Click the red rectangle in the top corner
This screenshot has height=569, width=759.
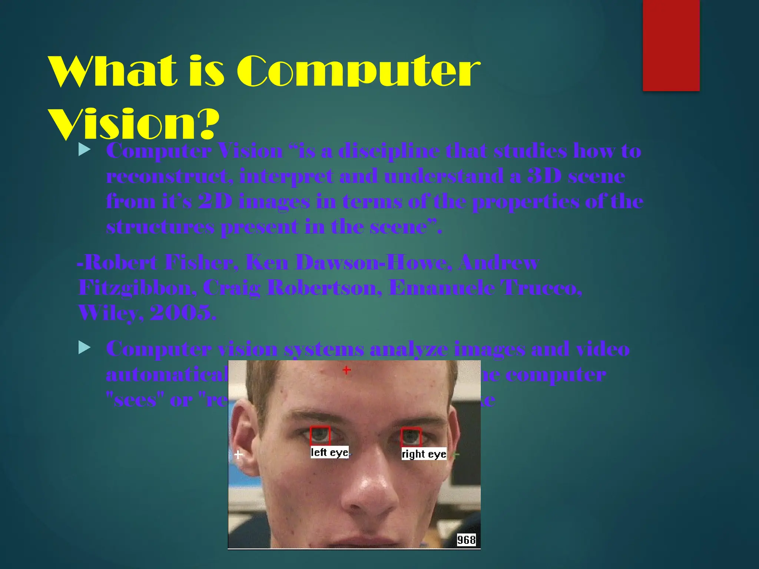point(671,45)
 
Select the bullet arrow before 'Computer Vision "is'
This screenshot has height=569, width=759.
point(85,150)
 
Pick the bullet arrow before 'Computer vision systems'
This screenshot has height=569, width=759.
point(85,347)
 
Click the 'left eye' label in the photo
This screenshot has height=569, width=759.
point(329,452)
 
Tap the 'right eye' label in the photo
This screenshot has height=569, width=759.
point(424,454)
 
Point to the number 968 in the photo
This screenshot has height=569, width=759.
point(466,540)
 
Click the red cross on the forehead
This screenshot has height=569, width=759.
point(347,370)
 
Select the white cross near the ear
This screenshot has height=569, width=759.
point(238,454)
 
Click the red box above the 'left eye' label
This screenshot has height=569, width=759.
point(320,436)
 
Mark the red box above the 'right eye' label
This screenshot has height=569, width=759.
point(411,437)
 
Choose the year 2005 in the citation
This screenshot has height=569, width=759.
point(183,313)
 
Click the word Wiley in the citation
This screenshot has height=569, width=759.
point(110,313)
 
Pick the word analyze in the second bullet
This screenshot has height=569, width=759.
point(408,349)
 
